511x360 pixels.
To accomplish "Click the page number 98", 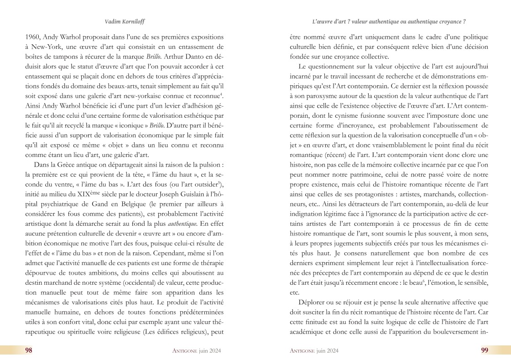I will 28,350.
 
